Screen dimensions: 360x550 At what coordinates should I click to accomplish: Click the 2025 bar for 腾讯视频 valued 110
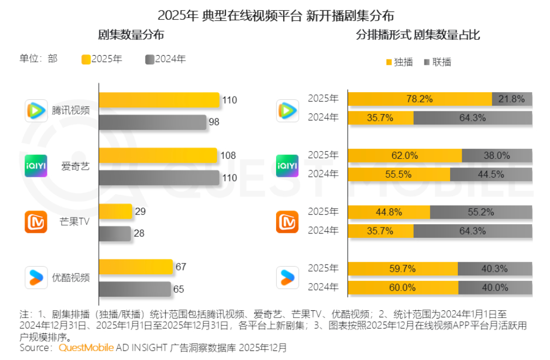click(159, 100)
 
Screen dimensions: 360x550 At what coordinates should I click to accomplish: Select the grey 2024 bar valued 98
click(153, 122)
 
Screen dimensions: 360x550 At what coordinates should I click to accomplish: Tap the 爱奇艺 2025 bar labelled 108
click(158, 155)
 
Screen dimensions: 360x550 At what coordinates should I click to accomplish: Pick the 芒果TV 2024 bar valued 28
click(115, 233)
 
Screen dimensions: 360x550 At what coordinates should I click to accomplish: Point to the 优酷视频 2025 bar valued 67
click(135, 267)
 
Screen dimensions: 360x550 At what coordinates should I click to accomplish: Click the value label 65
click(178, 289)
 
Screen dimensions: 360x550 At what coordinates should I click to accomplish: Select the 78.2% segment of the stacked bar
click(420, 99)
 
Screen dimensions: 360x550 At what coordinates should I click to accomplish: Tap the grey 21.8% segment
click(512, 99)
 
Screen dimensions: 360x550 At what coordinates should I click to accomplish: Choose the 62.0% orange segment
click(405, 155)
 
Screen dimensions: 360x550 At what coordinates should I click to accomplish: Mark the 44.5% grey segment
click(491, 174)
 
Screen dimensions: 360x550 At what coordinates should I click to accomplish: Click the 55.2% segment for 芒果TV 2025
click(481, 212)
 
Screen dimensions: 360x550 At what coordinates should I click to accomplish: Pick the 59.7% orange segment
click(403, 268)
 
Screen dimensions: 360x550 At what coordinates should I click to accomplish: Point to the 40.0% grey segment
click(495, 287)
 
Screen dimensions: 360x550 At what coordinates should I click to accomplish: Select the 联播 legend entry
click(438, 62)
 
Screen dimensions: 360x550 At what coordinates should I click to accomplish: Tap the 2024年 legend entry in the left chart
click(166, 59)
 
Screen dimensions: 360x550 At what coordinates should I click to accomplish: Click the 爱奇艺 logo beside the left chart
click(36, 166)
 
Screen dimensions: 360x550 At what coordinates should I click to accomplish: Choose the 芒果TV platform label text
click(75, 222)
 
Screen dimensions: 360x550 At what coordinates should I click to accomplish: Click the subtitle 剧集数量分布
click(131, 35)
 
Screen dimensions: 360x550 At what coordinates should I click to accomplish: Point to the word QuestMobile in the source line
click(86, 347)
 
